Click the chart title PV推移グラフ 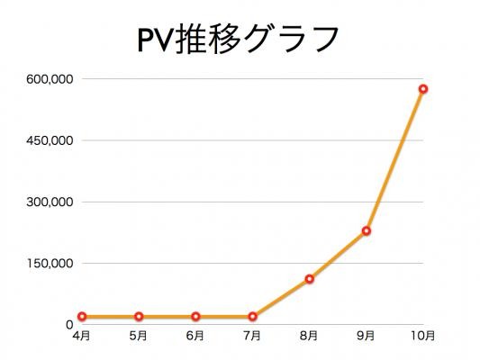coord(238,40)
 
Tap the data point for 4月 coord(82,317)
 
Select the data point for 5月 coord(139,317)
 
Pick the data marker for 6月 coord(196,317)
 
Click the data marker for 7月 coord(253,317)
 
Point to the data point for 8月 coord(310,279)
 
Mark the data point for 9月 coord(367,231)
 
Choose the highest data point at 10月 coord(423,89)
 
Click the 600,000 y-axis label coord(50,79)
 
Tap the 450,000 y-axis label coord(50,140)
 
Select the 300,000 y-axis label coord(50,202)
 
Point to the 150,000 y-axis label coord(50,263)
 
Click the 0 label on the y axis coord(69,325)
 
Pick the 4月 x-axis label coord(82,336)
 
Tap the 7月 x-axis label coord(252,336)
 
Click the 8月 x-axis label coord(309,336)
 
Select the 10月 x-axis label coord(422,336)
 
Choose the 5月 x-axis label coord(139,336)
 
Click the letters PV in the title coord(156,40)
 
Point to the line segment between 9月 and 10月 coord(395,160)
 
